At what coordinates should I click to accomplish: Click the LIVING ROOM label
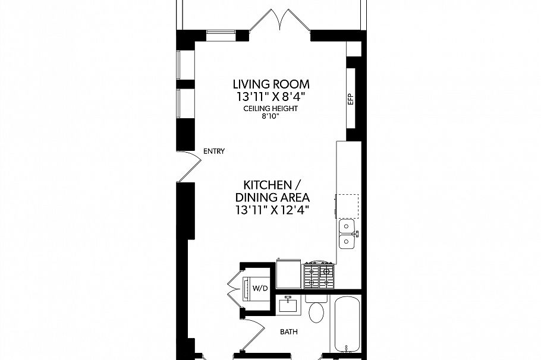point(271,84)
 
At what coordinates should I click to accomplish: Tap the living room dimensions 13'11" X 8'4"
point(271,96)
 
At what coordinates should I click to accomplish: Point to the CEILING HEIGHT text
point(270,109)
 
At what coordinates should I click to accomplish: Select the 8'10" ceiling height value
point(270,117)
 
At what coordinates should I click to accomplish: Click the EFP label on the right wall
point(351,99)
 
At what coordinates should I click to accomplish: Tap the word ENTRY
point(213,151)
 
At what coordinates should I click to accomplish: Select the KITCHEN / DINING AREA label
point(273,191)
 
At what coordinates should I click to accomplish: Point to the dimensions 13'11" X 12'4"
point(273,210)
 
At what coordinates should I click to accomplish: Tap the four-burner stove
point(319,276)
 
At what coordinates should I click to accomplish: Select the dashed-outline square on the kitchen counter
point(348,206)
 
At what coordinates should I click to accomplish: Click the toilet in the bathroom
point(316,308)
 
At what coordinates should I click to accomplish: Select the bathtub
point(346,326)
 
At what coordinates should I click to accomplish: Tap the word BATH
point(290,333)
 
